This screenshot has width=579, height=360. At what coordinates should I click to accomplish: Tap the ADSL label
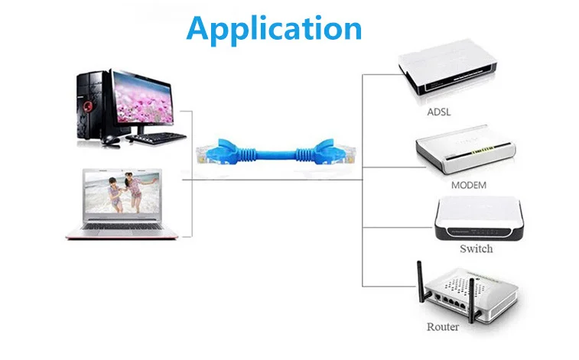point(439,112)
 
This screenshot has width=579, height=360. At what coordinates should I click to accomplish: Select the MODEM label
point(468,185)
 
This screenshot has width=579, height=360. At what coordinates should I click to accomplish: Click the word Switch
point(476,248)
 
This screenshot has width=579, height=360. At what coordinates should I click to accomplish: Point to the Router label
point(444,327)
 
